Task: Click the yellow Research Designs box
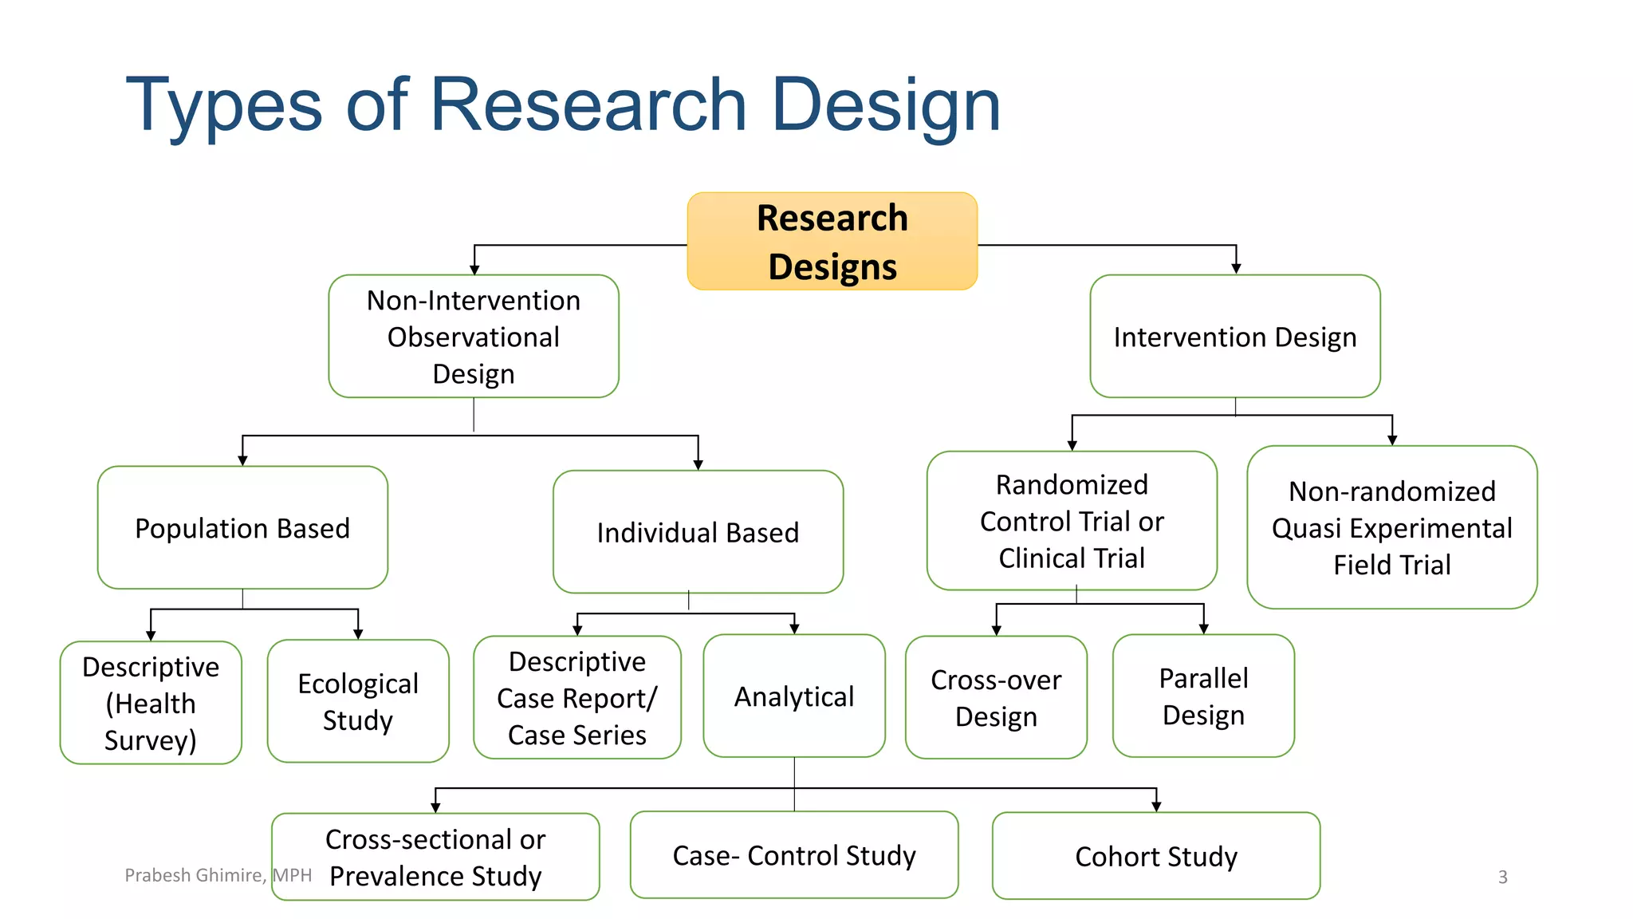click(832, 241)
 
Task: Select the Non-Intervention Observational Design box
click(474, 337)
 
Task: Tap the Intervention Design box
click(1234, 337)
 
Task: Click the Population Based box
click(242, 528)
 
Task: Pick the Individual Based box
click(698, 532)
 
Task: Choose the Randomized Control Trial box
click(1072, 521)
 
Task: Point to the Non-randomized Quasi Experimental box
click(1391, 527)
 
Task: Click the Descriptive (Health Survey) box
click(151, 703)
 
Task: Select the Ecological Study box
click(358, 701)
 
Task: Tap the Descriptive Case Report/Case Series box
click(577, 697)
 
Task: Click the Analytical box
click(794, 696)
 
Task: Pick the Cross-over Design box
click(996, 697)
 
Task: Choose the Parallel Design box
click(1203, 696)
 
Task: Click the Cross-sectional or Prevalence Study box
click(435, 857)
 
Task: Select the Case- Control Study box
click(794, 855)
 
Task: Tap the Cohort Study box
click(1156, 856)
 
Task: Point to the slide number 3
click(1502, 877)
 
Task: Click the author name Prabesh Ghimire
click(194, 875)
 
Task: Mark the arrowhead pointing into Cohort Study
click(1156, 807)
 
